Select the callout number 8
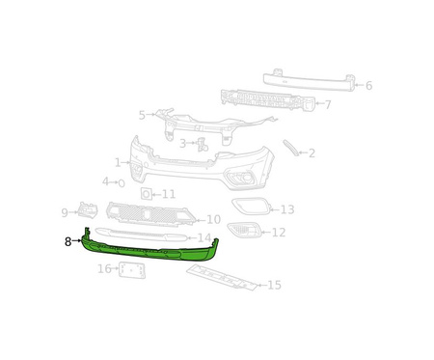pos(68,241)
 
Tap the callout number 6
pos(368,86)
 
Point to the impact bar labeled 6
pos(310,80)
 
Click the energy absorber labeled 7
pos(268,100)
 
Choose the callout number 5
pos(142,115)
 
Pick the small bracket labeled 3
pos(203,144)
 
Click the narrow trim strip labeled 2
pos(291,148)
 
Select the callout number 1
pos(118,163)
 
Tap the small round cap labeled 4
pos(122,183)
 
